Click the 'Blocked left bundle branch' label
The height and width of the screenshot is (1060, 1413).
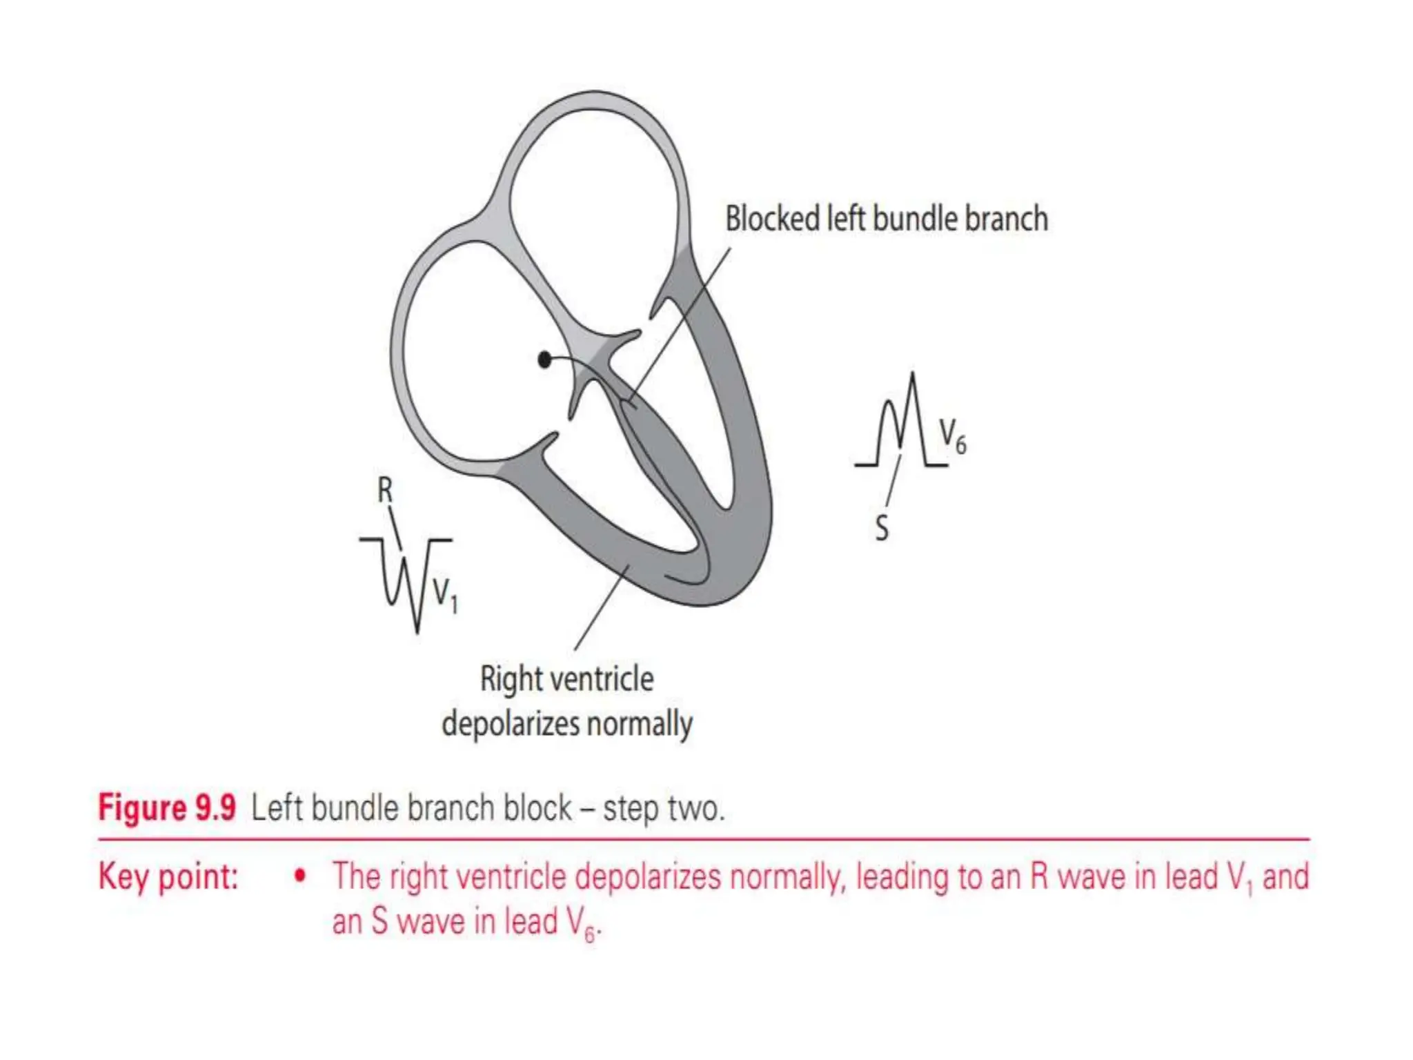tap(886, 219)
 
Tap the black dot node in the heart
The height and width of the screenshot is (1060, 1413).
tap(544, 360)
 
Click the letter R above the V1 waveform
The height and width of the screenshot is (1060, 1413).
tap(385, 491)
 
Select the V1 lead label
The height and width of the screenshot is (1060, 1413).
tap(444, 595)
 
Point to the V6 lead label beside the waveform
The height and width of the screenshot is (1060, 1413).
tap(952, 437)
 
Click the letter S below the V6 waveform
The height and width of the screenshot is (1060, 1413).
tap(882, 529)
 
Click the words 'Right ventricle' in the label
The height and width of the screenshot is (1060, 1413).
tap(566, 679)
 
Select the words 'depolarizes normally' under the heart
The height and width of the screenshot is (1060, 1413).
tap(566, 725)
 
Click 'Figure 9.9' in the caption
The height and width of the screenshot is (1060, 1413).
tap(167, 807)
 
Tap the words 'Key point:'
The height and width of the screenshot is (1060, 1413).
tap(168, 876)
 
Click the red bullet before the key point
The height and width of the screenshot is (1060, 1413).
tap(299, 876)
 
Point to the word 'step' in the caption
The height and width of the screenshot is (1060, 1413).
tap(631, 809)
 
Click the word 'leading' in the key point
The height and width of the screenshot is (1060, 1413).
tap(901, 876)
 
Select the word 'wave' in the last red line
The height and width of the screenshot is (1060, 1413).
tap(431, 922)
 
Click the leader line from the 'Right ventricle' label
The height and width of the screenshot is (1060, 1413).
tap(600, 607)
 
